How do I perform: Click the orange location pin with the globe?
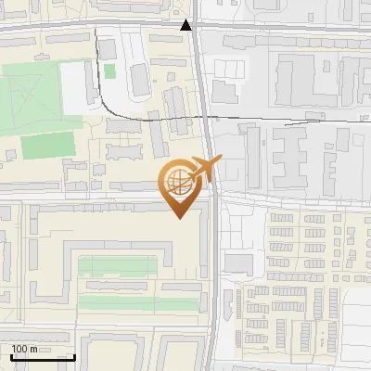[x=180, y=185]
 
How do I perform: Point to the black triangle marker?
[x=187, y=25]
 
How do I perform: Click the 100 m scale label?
[x=24, y=349]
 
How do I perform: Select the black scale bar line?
[x=43, y=357]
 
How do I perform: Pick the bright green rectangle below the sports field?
[x=47, y=146]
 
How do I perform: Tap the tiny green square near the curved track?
[x=109, y=70]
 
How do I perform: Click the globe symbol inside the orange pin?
[x=178, y=185]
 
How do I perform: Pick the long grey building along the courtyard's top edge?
[x=111, y=211]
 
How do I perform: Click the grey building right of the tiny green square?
[x=140, y=79]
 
